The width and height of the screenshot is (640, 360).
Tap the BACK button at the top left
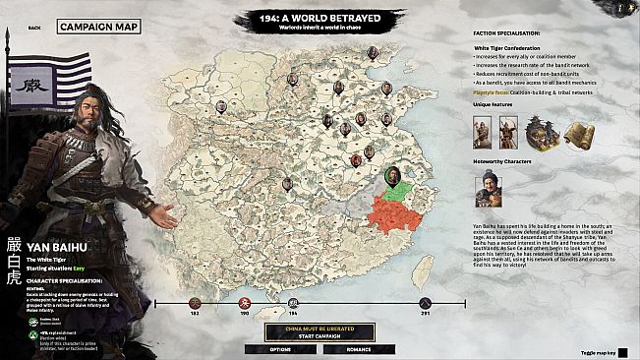[35, 28]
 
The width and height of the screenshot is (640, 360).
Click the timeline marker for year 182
[196, 302]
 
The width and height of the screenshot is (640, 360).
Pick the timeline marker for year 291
[426, 302]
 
